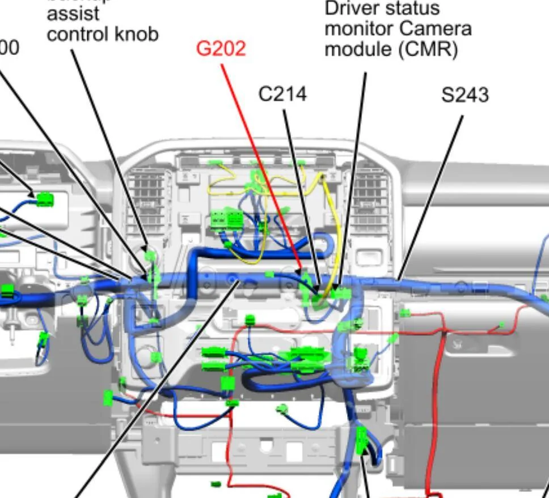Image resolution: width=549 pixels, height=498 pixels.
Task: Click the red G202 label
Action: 221,49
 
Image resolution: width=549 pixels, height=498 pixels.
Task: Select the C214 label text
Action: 282,94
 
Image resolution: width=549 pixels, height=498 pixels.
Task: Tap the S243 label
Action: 464,95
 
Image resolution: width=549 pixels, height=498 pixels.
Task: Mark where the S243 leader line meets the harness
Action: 399,279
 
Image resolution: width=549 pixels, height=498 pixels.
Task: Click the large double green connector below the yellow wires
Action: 226,219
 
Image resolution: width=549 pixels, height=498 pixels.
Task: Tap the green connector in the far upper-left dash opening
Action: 45,199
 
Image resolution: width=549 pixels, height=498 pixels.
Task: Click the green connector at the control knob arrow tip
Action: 150,256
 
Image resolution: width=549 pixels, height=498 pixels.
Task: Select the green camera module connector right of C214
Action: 341,293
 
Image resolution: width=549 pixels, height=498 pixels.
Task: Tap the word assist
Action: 73,14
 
